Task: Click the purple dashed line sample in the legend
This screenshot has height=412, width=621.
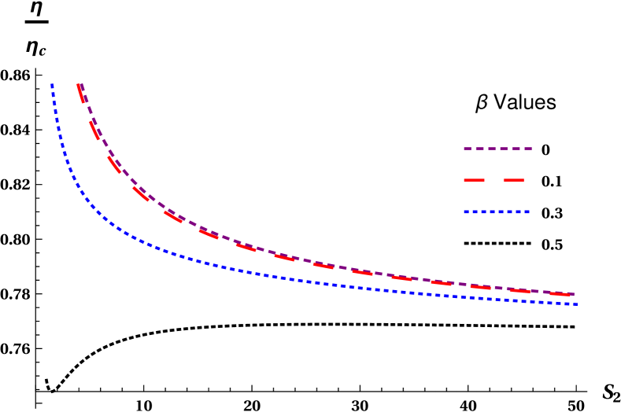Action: click(x=497, y=149)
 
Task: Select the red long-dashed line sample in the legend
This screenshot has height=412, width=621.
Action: click(x=493, y=180)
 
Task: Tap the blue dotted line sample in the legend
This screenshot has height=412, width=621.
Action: click(x=497, y=212)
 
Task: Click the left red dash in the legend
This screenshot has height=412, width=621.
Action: click(x=474, y=180)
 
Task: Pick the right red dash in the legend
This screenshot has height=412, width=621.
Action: click(x=513, y=180)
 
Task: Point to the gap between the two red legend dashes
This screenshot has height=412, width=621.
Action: click(x=493, y=180)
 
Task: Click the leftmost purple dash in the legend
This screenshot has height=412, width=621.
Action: click(x=468, y=149)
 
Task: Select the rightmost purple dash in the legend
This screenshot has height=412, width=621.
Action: click(x=528, y=149)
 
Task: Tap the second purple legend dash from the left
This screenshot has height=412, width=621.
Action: click(x=479, y=149)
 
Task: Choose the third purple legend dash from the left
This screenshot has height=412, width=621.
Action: click(x=492, y=149)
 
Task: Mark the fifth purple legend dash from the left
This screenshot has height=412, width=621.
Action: click(x=516, y=149)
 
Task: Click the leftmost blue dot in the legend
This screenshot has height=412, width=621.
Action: click(x=467, y=212)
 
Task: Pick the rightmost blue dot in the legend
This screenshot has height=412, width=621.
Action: click(x=527, y=212)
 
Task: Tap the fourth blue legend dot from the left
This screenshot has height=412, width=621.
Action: click(x=493, y=212)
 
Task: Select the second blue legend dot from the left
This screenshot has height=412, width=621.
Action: click(x=475, y=212)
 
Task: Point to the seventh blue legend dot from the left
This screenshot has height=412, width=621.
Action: click(x=518, y=212)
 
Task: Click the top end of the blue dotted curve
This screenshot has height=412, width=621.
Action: click(x=53, y=85)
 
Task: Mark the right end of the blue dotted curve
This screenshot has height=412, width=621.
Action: click(x=575, y=303)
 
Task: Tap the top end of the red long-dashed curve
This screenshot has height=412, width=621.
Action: click(x=79, y=86)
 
